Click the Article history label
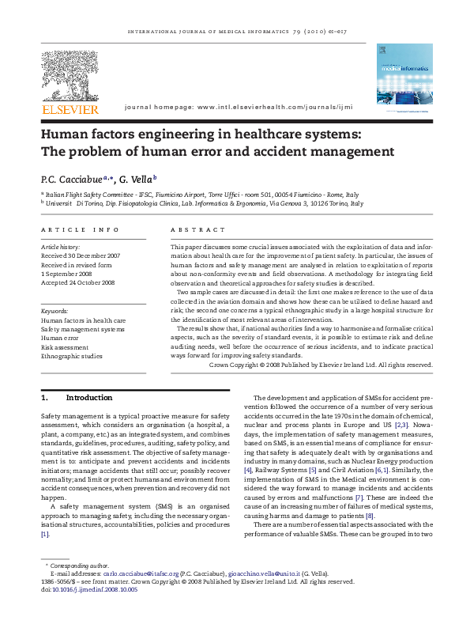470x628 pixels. (x=62, y=247)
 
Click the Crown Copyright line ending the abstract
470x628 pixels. (x=321, y=365)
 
